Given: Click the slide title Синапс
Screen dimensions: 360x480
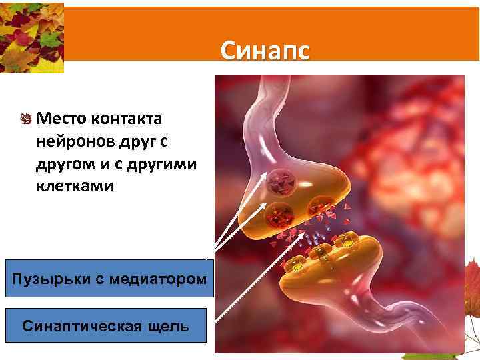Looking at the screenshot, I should tap(265, 51).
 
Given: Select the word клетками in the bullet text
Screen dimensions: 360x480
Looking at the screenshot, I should tap(75, 186).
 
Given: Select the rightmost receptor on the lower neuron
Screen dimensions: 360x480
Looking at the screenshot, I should tap(349, 245).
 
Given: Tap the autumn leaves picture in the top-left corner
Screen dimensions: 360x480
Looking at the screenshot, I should tap(32, 37).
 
